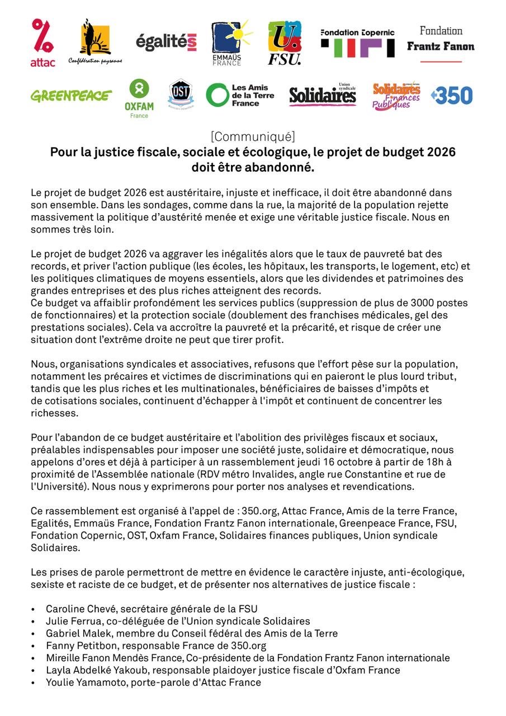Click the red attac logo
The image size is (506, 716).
coord(42,43)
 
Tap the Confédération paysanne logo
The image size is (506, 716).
coord(95,43)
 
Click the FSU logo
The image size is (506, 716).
coord(285,43)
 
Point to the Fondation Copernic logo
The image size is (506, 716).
coord(357,43)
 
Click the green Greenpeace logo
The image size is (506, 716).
coord(71,96)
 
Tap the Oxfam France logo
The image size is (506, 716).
coord(139,97)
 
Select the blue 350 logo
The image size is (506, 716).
coord(452,96)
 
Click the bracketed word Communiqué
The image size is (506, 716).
coord(253,136)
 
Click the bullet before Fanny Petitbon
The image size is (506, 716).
coord(33,646)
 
